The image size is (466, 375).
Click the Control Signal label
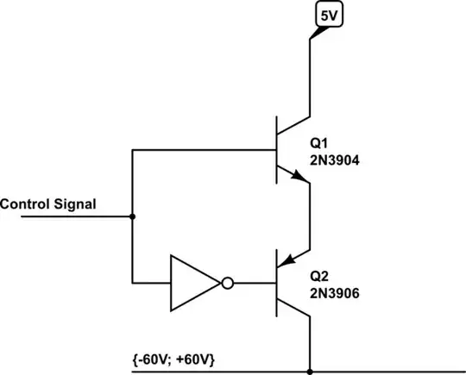tap(48, 204)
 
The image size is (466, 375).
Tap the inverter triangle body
tap(191, 282)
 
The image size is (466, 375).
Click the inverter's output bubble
tap(227, 282)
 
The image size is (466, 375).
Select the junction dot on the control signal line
tap(131, 216)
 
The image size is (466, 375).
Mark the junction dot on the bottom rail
tap(310, 372)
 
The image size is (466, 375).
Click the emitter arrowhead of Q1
tap(299, 178)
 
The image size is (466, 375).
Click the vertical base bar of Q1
tap(277, 149)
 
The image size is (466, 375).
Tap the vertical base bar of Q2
tap(277, 282)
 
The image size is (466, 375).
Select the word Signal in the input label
tap(76, 204)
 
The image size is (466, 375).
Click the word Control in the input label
tap(27, 204)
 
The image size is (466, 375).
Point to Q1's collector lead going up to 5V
tap(310, 78)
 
